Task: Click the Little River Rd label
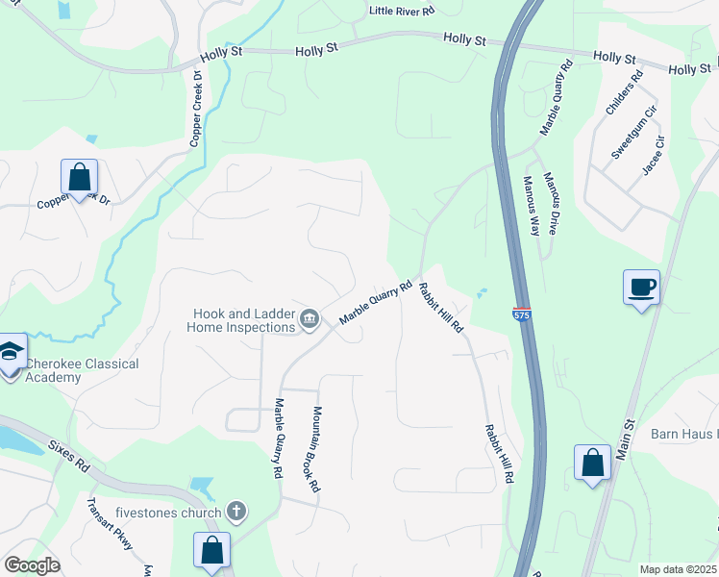[x=402, y=11]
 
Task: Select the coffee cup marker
[x=641, y=287]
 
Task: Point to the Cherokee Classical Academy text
[x=81, y=370]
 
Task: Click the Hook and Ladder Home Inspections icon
[x=310, y=319]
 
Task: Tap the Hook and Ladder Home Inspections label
[x=243, y=320]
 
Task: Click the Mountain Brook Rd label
[x=315, y=449]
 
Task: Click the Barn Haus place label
[x=684, y=435]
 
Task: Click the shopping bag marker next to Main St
[x=592, y=463]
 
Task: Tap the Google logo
[x=33, y=565]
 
